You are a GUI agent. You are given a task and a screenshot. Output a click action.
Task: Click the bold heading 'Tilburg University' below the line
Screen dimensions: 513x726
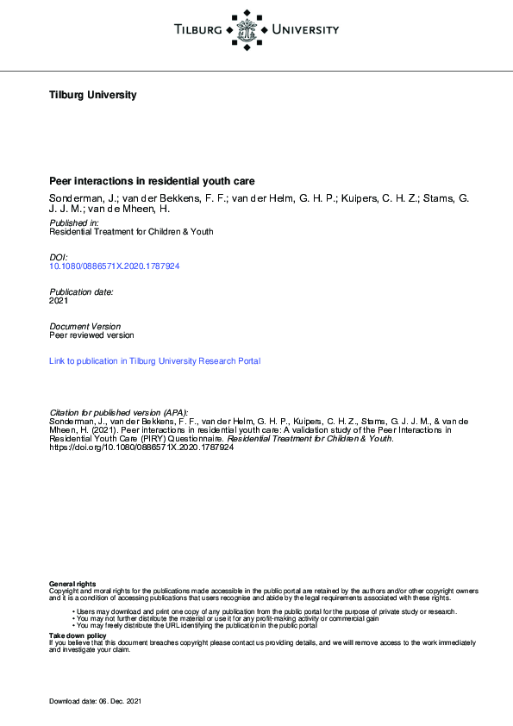[93, 95]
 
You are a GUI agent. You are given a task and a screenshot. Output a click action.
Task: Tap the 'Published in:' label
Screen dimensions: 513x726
[74, 222]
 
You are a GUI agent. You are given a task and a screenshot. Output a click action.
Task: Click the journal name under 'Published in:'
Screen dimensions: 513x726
[131, 232]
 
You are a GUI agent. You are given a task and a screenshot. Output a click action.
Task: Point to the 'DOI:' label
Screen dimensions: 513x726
[59, 257]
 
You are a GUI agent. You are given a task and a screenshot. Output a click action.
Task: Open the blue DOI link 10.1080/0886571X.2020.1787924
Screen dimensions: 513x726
[115, 266]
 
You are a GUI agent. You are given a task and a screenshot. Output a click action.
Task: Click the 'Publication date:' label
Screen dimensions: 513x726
[82, 292]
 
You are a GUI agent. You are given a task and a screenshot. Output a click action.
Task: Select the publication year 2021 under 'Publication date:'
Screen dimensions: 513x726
[59, 302]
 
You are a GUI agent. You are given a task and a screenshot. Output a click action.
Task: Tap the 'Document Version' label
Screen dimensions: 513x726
[85, 326]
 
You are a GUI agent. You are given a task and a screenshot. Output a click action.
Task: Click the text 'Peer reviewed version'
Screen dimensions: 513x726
[91, 335]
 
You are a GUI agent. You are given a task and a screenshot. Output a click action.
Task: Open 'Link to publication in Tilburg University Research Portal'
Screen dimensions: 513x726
[155, 361]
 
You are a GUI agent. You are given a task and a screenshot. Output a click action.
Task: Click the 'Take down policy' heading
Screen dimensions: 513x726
[78, 635]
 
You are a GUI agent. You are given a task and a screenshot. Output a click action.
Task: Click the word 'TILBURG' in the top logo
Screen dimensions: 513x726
[198, 31]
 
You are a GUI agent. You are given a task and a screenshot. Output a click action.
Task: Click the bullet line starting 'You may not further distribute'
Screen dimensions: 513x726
[228, 618]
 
